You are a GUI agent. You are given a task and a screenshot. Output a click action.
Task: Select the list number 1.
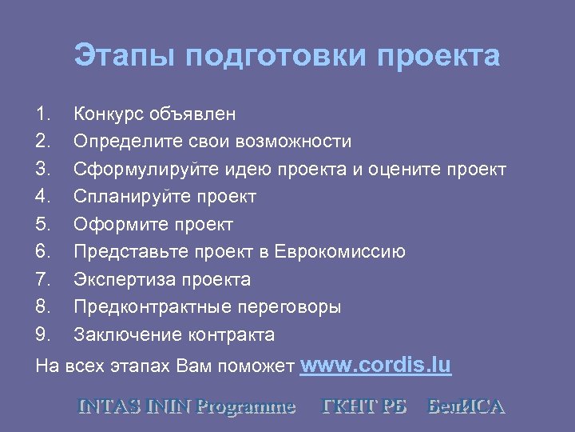43,114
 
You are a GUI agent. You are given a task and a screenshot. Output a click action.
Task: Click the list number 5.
43,224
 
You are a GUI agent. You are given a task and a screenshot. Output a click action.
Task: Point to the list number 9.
43,334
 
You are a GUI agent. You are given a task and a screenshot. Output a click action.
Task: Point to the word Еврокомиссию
339,252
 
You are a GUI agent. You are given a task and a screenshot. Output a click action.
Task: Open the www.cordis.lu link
375,366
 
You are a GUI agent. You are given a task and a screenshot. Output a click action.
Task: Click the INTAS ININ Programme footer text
187,406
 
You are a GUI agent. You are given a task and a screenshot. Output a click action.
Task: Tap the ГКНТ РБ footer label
363,406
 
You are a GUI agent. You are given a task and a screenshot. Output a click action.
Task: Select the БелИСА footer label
466,406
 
